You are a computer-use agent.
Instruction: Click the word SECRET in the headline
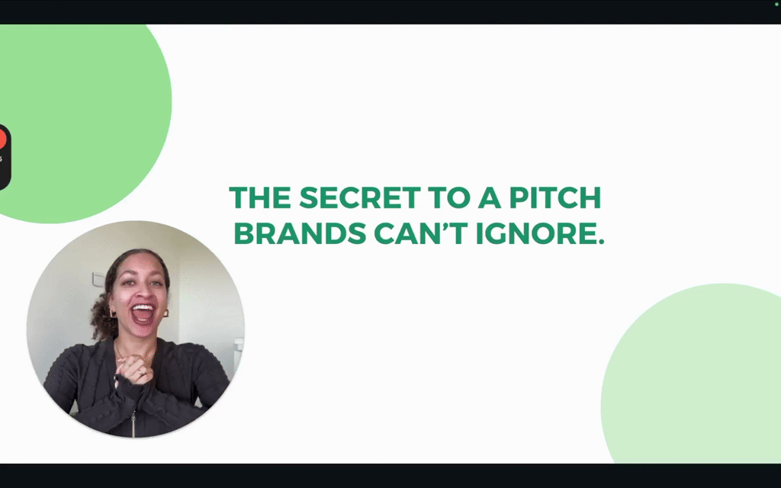coord(360,197)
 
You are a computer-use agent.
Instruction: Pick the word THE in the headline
coord(260,197)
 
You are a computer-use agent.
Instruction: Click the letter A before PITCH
coord(490,197)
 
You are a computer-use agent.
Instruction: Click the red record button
coord(2,139)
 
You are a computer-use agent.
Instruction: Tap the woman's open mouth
coord(143,314)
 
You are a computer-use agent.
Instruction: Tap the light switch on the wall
coord(98,279)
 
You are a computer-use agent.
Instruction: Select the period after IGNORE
coord(600,242)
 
